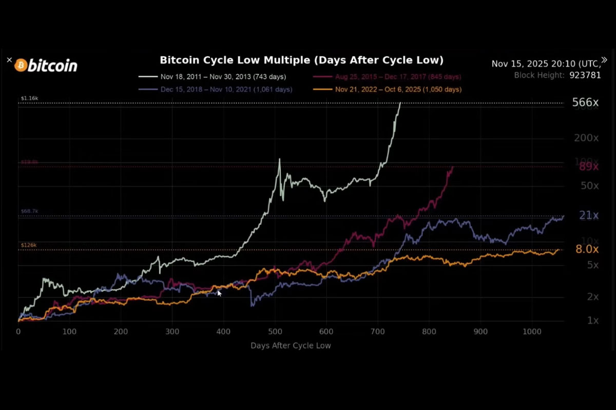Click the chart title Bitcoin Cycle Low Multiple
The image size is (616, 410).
tap(301, 60)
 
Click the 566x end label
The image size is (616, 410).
tap(585, 103)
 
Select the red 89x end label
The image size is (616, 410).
tap(589, 167)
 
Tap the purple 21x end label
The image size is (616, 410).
tap(589, 216)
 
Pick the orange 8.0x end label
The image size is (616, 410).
tap(587, 250)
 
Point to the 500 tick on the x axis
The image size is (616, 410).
tap(275, 332)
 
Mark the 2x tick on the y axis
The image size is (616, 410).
tap(593, 297)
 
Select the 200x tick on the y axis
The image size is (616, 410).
tap(586, 138)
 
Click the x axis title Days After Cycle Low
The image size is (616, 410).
tap(291, 345)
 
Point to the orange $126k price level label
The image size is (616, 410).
tap(28, 245)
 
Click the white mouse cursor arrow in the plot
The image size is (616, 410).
tap(219, 293)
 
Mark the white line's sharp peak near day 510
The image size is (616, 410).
tap(279, 159)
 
